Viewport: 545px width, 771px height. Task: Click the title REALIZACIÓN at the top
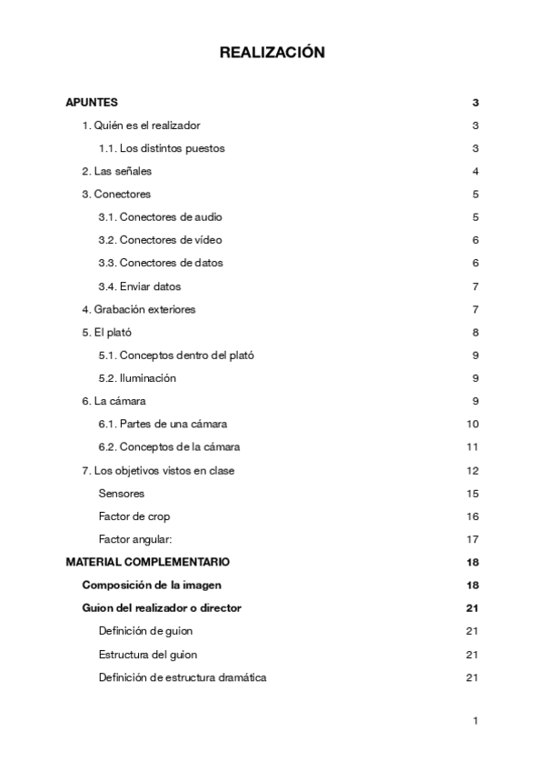pyautogui.click(x=272, y=54)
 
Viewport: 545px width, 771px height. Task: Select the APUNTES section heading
pyautogui.click(x=92, y=103)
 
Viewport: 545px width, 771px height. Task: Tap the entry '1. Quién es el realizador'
pyautogui.click(x=141, y=125)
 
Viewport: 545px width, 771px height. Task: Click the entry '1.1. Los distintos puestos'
pyautogui.click(x=161, y=148)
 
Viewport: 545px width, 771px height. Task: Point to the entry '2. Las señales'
pyautogui.click(x=116, y=171)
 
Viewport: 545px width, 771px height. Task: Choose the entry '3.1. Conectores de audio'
pyautogui.click(x=160, y=217)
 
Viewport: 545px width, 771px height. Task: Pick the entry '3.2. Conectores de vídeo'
pyautogui.click(x=160, y=240)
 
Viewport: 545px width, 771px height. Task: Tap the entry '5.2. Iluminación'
pyautogui.click(x=137, y=377)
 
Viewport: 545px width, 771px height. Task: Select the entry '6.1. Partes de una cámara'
pyautogui.click(x=163, y=424)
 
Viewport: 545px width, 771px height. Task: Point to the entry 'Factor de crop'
pyautogui.click(x=134, y=516)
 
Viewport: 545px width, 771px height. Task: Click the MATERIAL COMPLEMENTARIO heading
pyautogui.click(x=147, y=562)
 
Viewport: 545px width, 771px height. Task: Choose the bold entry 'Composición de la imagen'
pyautogui.click(x=152, y=585)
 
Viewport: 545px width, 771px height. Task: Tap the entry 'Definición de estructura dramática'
pyautogui.click(x=182, y=676)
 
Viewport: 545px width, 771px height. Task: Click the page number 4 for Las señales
pyautogui.click(x=475, y=171)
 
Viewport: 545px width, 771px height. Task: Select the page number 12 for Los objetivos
pyautogui.click(x=472, y=470)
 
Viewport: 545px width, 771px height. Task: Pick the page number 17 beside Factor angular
pyautogui.click(x=472, y=539)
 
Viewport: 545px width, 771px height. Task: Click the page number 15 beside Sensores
pyautogui.click(x=472, y=493)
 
